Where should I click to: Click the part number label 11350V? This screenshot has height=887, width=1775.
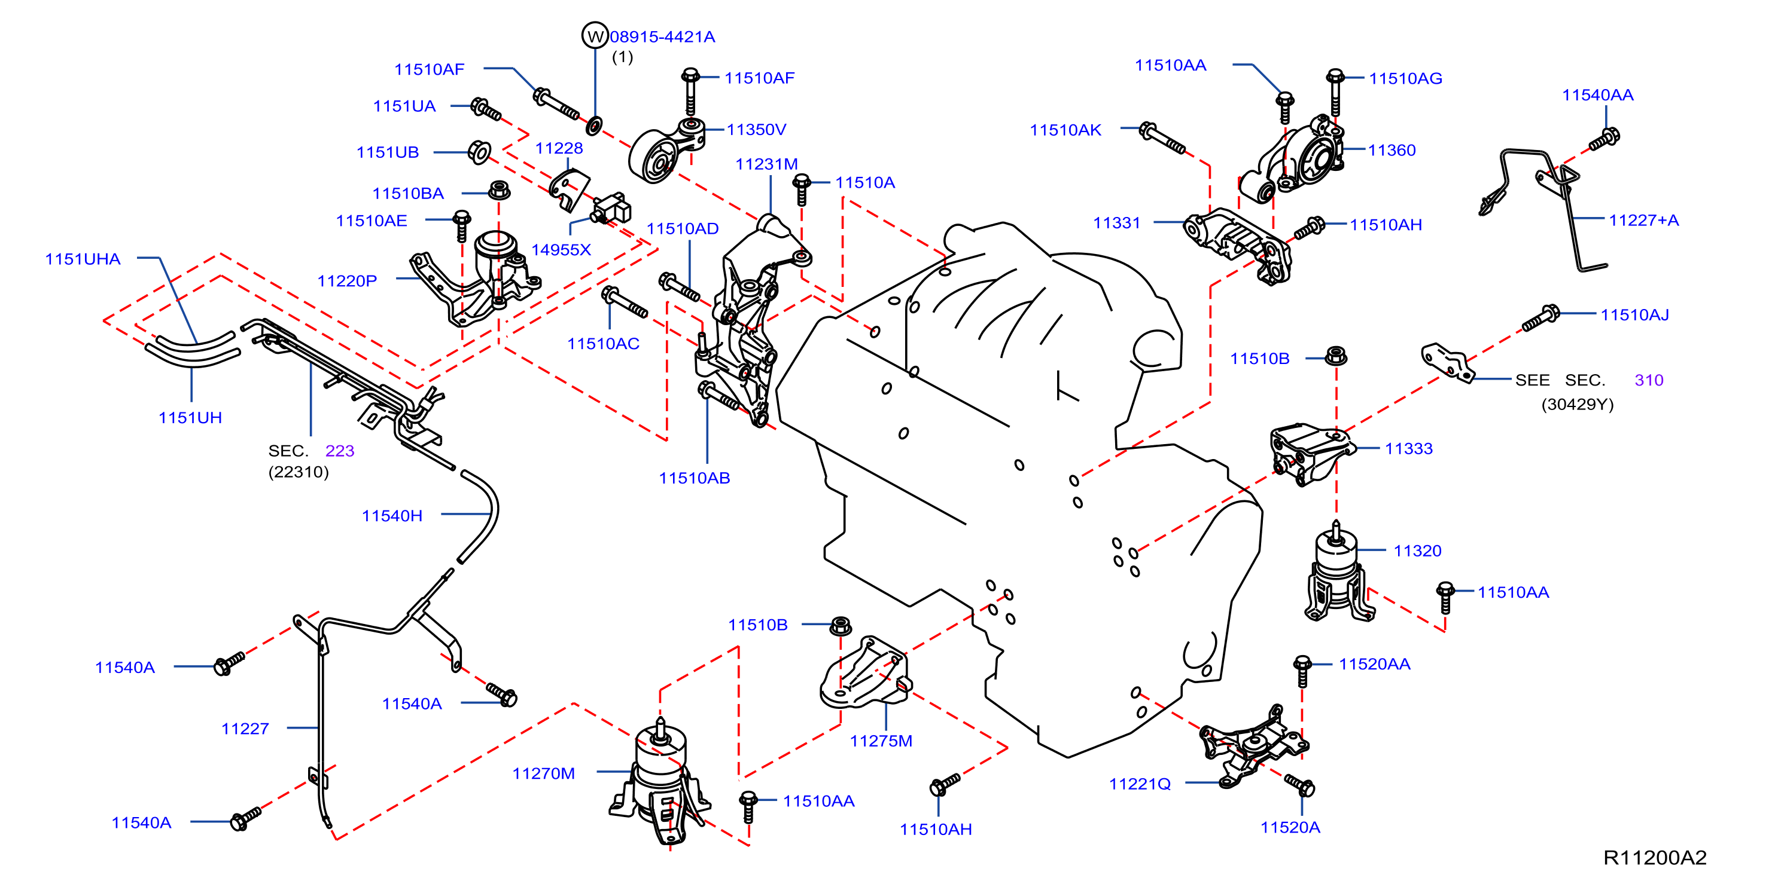[x=756, y=130]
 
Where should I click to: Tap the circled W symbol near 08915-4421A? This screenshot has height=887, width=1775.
[x=595, y=36]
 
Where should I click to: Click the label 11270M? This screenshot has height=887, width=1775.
[x=544, y=773]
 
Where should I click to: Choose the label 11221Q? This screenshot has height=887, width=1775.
[x=1140, y=784]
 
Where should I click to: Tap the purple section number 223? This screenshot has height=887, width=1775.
[x=340, y=451]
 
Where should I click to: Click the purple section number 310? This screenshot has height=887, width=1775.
[x=1649, y=380]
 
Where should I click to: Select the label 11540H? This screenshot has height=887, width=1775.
[x=392, y=516]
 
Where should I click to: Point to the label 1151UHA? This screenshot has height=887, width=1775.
[x=83, y=259]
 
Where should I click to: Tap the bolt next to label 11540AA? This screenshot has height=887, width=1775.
[x=1604, y=139]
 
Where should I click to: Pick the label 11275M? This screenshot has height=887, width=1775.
[x=881, y=741]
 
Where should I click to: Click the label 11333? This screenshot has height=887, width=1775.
[x=1408, y=449]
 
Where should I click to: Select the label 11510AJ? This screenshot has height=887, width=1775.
[x=1634, y=315]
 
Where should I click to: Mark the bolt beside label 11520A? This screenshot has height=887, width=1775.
[x=1299, y=784]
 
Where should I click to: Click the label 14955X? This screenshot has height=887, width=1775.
[x=561, y=249]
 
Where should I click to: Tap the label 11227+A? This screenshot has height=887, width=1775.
[x=1643, y=221]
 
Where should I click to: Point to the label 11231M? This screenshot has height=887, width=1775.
[x=766, y=164]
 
